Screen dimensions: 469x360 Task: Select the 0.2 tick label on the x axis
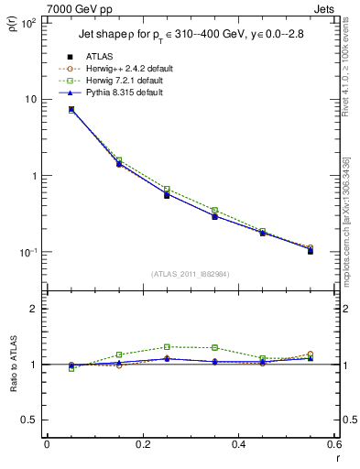pyautogui.click(x=142, y=444)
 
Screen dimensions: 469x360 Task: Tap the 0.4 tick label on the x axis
pyautogui.click(x=238, y=444)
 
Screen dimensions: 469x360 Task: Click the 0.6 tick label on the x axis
pyautogui.click(x=333, y=444)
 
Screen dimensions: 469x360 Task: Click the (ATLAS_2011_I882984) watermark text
pyautogui.click(x=190, y=273)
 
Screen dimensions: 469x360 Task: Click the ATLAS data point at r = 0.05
pyautogui.click(x=71, y=109)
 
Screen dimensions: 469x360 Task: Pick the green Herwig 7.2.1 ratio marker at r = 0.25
pyautogui.click(x=167, y=346)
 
